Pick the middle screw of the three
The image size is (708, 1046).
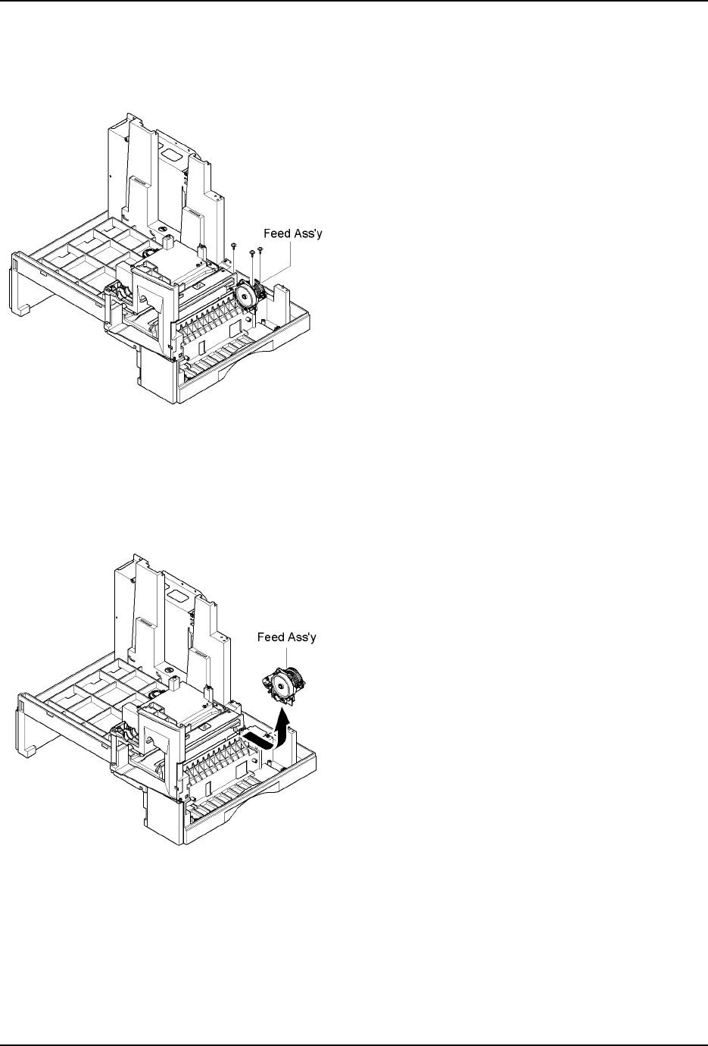[252, 252]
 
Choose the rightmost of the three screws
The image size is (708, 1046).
[260, 249]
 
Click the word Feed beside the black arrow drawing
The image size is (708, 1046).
[272, 637]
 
